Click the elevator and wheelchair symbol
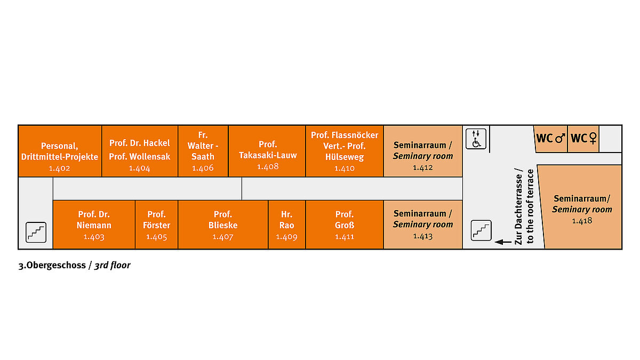(476, 139)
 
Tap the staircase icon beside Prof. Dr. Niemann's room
(36, 233)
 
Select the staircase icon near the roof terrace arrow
(481, 230)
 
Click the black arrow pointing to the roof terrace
(503, 242)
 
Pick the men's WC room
(550, 139)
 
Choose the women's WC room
(583, 139)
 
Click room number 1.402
(59, 168)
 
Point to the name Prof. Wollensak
(139, 156)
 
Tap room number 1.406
(203, 167)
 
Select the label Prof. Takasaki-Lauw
(268, 150)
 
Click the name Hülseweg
(345, 157)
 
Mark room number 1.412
(422, 167)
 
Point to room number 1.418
(582, 221)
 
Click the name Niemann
(94, 225)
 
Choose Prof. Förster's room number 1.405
(156, 237)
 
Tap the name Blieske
(223, 225)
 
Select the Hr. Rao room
(286, 225)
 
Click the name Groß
(345, 225)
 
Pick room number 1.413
(422, 236)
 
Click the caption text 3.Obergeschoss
(52, 265)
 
